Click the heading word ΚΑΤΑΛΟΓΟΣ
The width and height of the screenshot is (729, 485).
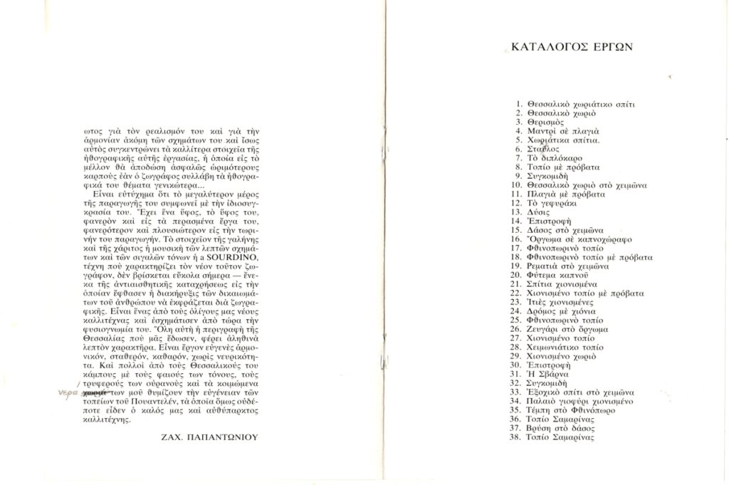coord(545,48)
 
